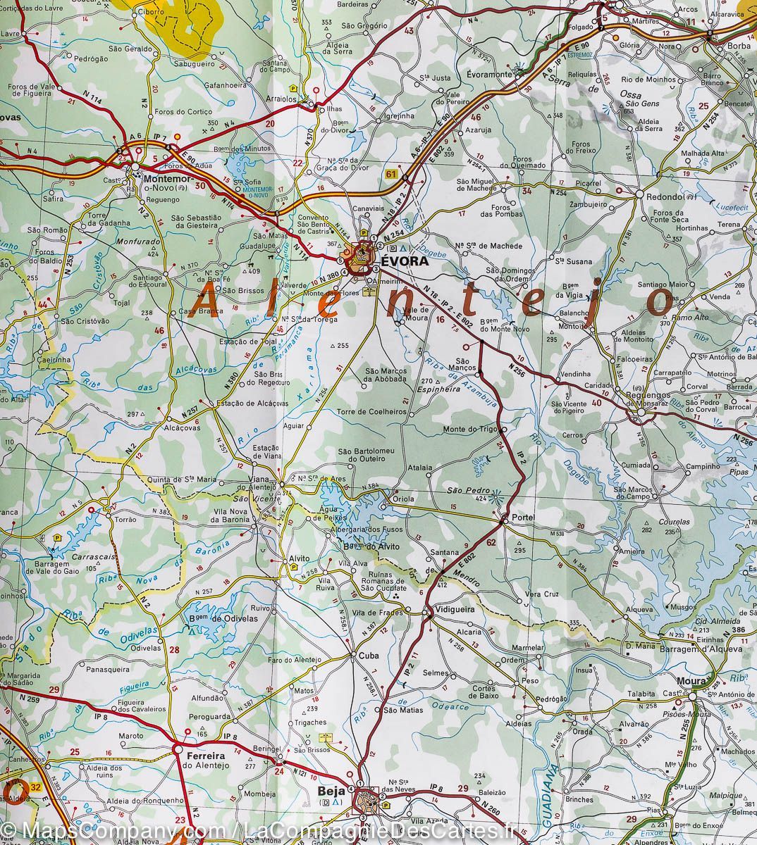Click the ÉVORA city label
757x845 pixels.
pos(405,261)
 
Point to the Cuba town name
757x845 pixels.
pos(369,656)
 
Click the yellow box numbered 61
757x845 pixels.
pos(391,173)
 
